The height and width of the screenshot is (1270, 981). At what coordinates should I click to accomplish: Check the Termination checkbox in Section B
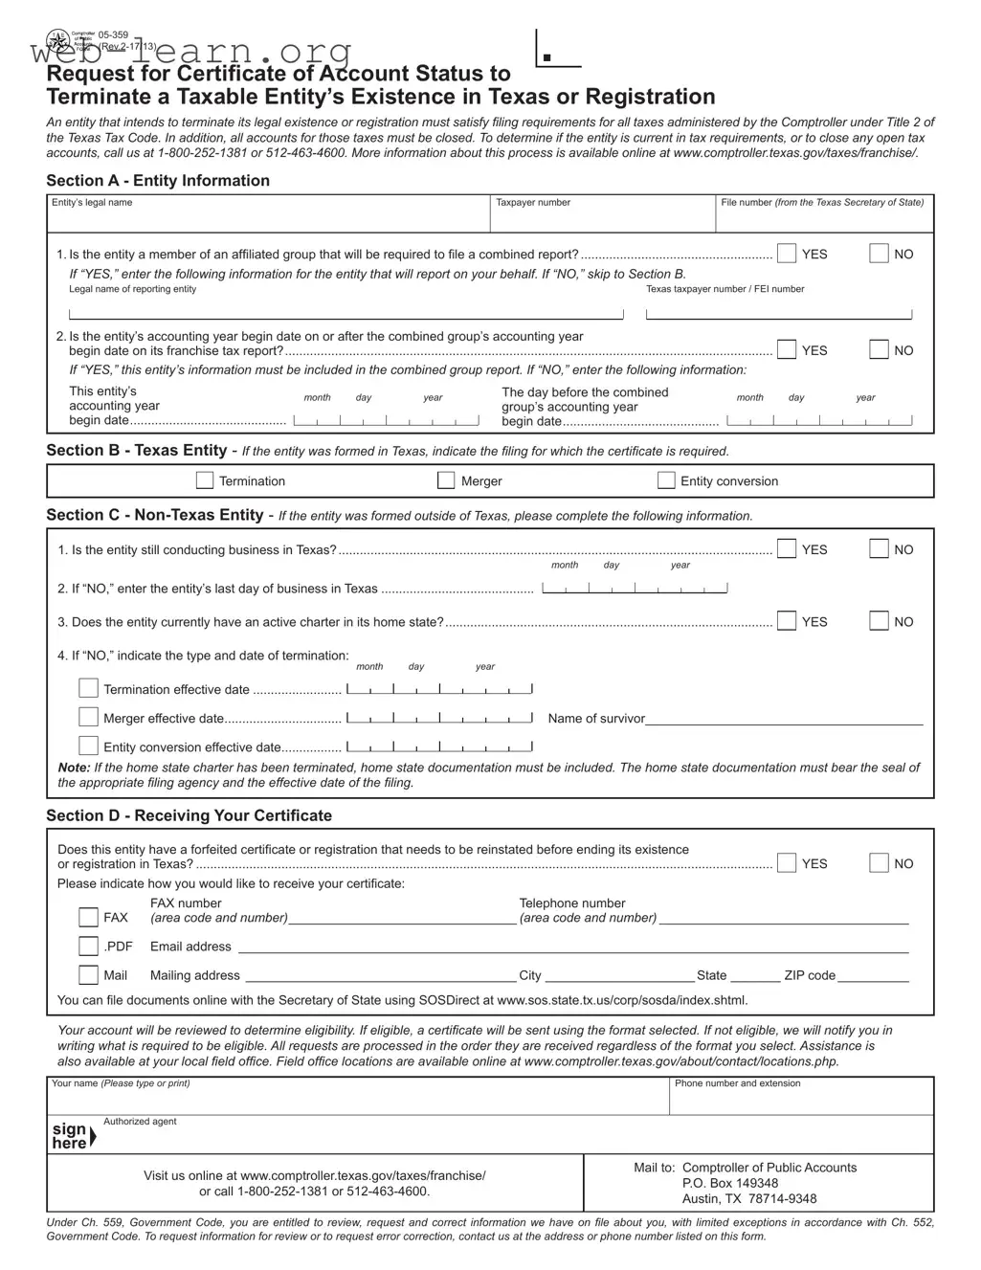point(205,480)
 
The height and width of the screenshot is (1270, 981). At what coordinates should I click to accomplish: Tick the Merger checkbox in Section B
point(446,480)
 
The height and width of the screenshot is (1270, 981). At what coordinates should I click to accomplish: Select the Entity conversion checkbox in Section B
point(666,480)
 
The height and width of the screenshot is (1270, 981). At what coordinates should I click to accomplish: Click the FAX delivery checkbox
point(88,917)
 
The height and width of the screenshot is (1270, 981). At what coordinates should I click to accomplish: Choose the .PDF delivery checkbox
point(88,947)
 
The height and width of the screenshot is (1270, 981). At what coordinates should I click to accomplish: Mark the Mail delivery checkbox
point(88,975)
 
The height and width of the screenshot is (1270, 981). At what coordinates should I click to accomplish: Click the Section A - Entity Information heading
point(158,181)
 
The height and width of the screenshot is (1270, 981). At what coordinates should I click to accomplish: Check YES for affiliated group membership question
point(787,254)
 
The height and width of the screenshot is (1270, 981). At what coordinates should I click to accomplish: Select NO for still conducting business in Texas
point(879,549)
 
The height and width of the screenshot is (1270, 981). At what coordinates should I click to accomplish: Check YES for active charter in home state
point(787,621)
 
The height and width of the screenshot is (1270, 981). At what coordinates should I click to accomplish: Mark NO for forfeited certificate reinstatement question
point(879,863)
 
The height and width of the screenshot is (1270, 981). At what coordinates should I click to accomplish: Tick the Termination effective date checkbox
point(88,688)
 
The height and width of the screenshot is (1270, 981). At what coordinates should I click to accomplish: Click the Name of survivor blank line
point(784,720)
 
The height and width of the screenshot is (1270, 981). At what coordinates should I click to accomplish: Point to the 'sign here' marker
point(72,1136)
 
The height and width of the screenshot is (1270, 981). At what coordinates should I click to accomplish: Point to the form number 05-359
point(114,34)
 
